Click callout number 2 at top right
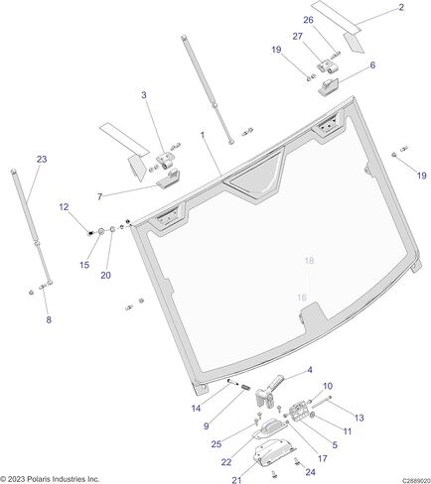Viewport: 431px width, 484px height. click(x=401, y=7)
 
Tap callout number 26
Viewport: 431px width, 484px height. click(x=308, y=20)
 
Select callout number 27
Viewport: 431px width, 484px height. click(x=297, y=36)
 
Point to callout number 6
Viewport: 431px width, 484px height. click(x=372, y=65)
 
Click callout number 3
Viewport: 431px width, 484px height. click(x=144, y=95)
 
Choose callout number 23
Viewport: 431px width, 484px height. click(x=42, y=160)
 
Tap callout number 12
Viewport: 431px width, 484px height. click(x=64, y=207)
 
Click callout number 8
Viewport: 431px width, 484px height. click(x=49, y=319)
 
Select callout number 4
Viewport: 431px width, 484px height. click(x=310, y=370)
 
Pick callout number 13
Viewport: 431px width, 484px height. click(x=359, y=418)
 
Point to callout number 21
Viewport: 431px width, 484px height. click(x=236, y=480)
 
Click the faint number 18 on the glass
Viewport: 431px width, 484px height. click(x=309, y=261)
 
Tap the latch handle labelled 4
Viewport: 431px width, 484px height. click(x=271, y=390)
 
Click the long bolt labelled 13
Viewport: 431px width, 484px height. click(x=322, y=403)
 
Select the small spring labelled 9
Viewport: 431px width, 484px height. click(x=245, y=387)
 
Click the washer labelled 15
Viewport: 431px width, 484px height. click(x=101, y=231)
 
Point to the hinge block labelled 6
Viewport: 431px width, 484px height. click(x=329, y=87)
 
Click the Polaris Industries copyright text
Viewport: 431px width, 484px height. click(x=50, y=479)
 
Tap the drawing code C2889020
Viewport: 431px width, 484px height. click(x=416, y=480)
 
